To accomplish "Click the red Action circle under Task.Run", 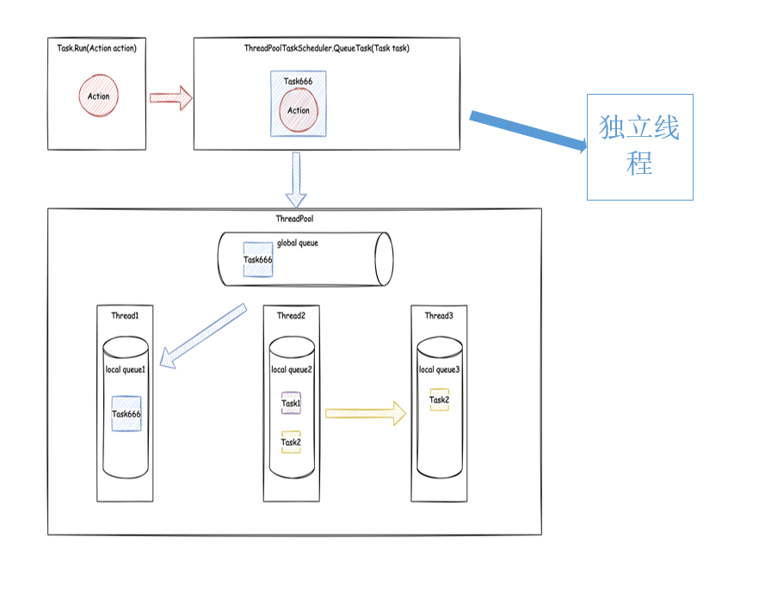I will pyautogui.click(x=99, y=96).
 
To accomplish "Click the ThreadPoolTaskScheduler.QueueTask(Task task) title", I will pyautogui.click(x=327, y=48).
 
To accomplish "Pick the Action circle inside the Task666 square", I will pyautogui.click(x=299, y=110).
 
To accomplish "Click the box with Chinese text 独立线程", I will pyautogui.click(x=639, y=147).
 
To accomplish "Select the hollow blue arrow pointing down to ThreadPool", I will pyautogui.click(x=296, y=180).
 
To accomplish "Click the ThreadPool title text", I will pyautogui.click(x=294, y=219).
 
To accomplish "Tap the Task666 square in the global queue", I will pyautogui.click(x=258, y=259).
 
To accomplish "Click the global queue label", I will pyautogui.click(x=298, y=244).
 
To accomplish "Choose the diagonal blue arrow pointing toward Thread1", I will pyautogui.click(x=202, y=337).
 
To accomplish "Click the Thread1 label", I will pyautogui.click(x=125, y=316).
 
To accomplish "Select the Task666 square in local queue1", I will pyautogui.click(x=126, y=414).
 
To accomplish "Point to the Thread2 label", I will pyautogui.click(x=291, y=316).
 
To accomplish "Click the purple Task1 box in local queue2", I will pyautogui.click(x=291, y=403).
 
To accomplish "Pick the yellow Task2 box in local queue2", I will pyautogui.click(x=291, y=442).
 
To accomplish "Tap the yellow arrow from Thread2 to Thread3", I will pyautogui.click(x=365, y=413).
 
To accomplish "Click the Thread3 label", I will pyautogui.click(x=439, y=316).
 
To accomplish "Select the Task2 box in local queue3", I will pyautogui.click(x=440, y=399).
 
